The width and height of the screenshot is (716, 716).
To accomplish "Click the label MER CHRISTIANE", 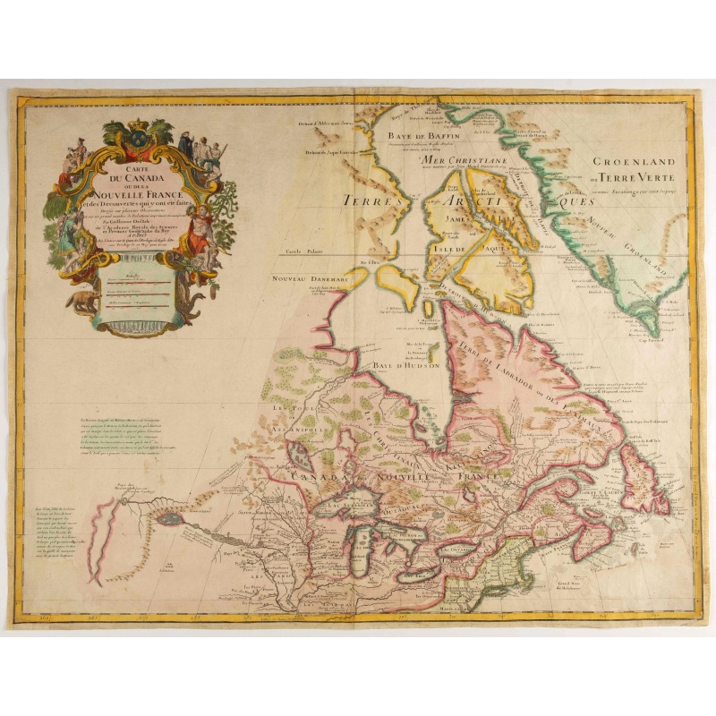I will pos(467,158).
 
